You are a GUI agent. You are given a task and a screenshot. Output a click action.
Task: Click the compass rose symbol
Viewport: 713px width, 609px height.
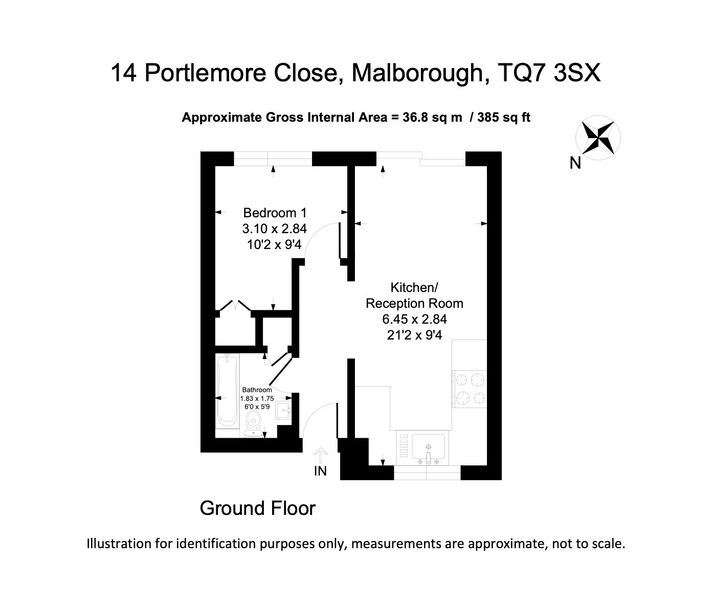(x=598, y=138)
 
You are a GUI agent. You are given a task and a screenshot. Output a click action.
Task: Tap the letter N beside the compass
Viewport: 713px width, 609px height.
(x=575, y=163)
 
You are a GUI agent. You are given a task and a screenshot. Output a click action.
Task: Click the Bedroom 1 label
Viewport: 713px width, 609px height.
(x=275, y=213)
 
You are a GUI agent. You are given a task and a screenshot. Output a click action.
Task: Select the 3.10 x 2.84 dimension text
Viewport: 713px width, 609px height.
(x=274, y=229)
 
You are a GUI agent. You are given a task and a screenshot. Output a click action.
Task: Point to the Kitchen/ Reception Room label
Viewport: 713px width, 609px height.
(x=414, y=295)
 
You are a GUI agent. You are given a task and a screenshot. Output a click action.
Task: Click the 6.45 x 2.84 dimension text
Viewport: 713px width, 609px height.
(x=414, y=319)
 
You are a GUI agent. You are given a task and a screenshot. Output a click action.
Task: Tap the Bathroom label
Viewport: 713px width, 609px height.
(x=257, y=390)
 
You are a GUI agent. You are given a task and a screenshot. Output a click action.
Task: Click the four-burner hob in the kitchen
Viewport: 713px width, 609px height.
(x=470, y=389)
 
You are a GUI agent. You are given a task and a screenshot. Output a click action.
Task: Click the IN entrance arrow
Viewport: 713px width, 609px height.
(x=321, y=455)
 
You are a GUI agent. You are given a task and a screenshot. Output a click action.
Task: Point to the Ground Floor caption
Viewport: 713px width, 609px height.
(x=258, y=508)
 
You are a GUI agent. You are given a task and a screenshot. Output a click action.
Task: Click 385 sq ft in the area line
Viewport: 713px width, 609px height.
(x=504, y=118)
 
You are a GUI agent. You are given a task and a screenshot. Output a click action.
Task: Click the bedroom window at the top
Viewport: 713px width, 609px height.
(x=273, y=159)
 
